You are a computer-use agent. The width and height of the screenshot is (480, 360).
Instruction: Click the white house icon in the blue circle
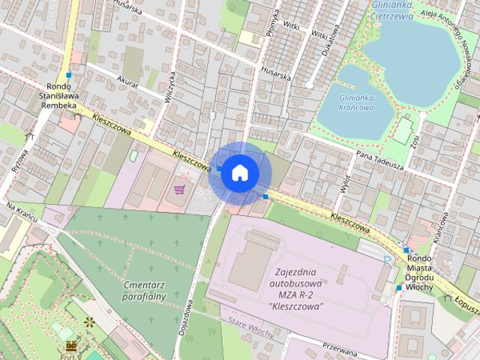click(x=239, y=172)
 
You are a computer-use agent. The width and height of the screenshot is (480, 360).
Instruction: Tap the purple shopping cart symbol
click(x=179, y=189)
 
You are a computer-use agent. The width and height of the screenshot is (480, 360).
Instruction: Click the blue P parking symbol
click(x=388, y=259)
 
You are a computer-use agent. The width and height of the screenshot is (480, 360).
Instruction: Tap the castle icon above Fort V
click(x=72, y=346)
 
